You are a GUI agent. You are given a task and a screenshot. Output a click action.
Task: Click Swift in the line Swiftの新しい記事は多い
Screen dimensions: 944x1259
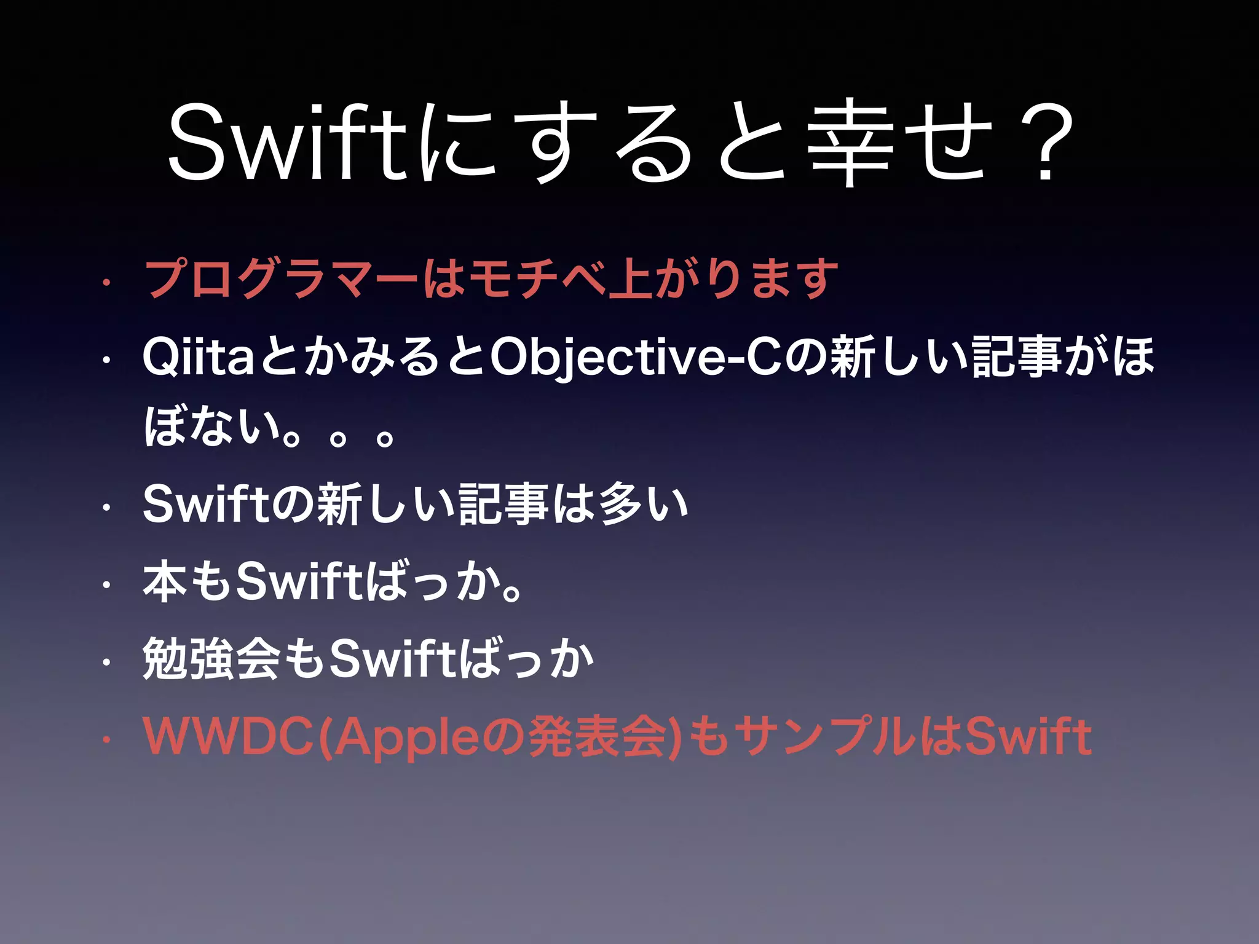click(x=206, y=504)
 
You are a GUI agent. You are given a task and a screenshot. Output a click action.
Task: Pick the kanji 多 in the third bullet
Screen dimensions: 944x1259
click(x=621, y=504)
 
